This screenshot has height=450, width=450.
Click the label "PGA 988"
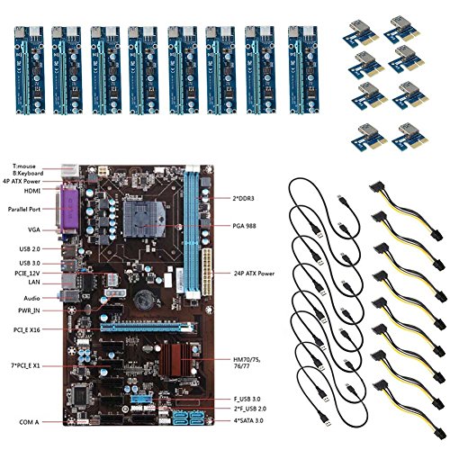[x=244, y=226]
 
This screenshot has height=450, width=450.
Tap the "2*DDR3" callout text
[x=243, y=198]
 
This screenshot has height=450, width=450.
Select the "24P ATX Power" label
[x=254, y=274]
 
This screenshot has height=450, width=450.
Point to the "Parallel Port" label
[x=24, y=209]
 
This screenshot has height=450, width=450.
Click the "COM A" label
[x=29, y=422]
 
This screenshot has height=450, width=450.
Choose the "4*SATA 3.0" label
[x=248, y=420]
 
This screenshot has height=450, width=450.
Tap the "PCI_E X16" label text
[x=27, y=329]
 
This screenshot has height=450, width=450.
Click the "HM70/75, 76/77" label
[x=247, y=363]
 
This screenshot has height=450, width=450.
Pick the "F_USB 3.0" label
[x=247, y=399]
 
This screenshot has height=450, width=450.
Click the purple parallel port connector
[x=68, y=210]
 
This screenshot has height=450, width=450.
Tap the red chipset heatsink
[x=175, y=360]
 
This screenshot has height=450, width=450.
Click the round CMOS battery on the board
[x=143, y=301]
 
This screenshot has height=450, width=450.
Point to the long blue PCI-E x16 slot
[x=147, y=327]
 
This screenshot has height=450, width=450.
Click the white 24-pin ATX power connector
[x=207, y=272]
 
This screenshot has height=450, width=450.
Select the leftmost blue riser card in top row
[x=29, y=70]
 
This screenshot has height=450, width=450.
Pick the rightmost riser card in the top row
[x=303, y=70]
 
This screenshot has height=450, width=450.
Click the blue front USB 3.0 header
[x=141, y=400]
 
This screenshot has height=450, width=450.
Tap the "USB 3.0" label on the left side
[x=30, y=263]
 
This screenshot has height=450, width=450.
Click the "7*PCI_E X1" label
[x=25, y=365]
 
